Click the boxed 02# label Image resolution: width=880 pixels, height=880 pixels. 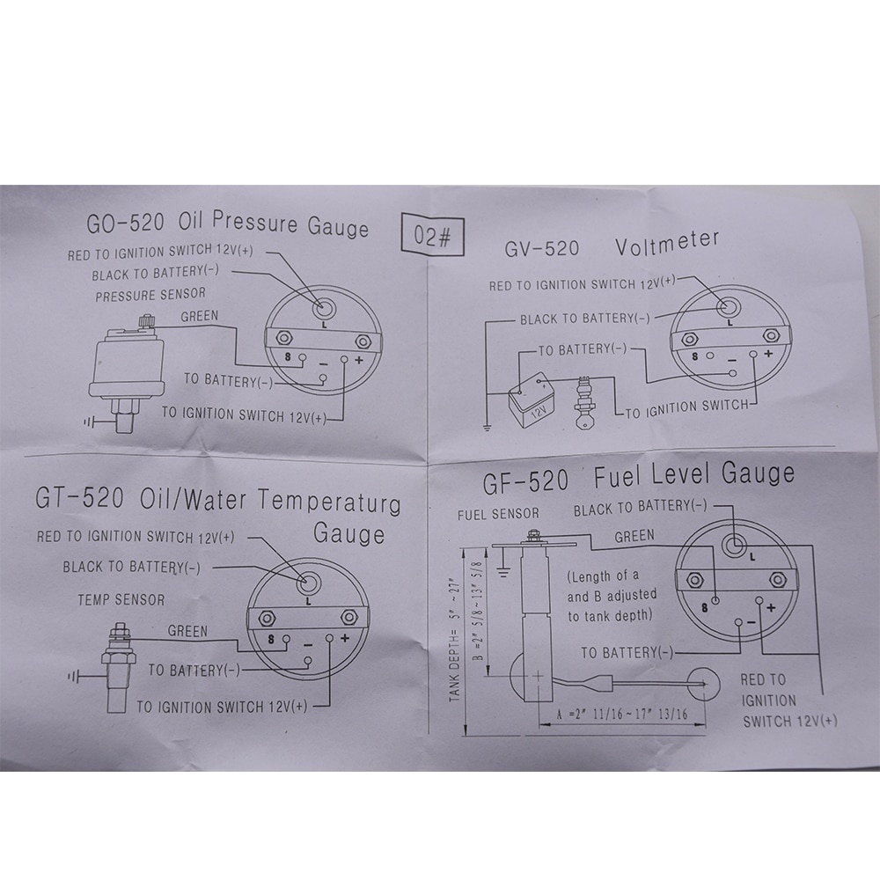(x=433, y=236)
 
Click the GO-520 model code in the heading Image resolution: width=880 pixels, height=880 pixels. (x=125, y=224)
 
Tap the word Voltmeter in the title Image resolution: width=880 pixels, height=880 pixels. (x=667, y=243)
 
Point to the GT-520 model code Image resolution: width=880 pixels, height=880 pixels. (x=79, y=497)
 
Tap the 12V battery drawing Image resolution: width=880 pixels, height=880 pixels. (x=532, y=400)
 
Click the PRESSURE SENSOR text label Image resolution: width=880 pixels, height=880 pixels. (x=150, y=295)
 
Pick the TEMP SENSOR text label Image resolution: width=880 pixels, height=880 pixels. (x=121, y=600)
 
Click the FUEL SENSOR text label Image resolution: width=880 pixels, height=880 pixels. (x=498, y=514)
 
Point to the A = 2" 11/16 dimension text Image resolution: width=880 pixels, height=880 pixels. (x=622, y=715)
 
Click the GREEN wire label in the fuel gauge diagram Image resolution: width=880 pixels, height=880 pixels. (x=634, y=537)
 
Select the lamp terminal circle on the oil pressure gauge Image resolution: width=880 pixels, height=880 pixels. (x=324, y=307)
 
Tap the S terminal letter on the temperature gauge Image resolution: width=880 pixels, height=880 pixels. (x=272, y=639)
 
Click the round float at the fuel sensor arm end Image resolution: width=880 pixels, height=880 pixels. (x=703, y=684)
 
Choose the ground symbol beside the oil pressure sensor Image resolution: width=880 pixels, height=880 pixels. (x=89, y=422)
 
